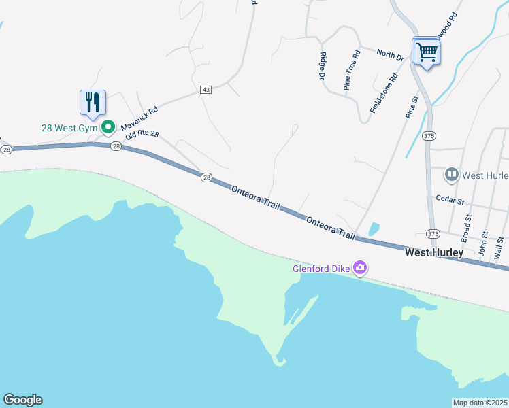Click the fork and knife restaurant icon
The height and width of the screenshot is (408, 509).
pyautogui.click(x=92, y=103)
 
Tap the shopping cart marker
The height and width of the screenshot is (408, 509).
pyautogui.click(x=427, y=51)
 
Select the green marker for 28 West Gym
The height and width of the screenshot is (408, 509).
pyautogui.click(x=108, y=127)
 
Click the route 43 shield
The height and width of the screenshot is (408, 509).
pyautogui.click(x=206, y=90)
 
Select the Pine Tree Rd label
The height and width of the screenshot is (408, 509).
pyautogui.click(x=352, y=70)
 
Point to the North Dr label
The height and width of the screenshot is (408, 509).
pyautogui.click(x=390, y=54)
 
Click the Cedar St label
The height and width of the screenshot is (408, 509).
pyautogui.click(x=450, y=201)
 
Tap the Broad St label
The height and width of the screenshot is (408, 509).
pyautogui.click(x=467, y=229)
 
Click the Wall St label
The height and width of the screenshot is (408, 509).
pyautogui.click(x=499, y=248)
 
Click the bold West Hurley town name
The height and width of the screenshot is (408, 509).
pyautogui.click(x=434, y=253)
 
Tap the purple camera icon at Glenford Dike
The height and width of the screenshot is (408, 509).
pyautogui.click(x=360, y=269)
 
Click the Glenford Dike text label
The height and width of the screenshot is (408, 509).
pyautogui.click(x=321, y=269)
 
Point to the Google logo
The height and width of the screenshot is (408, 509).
pyautogui.click(x=22, y=400)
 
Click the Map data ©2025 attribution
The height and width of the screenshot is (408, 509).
pyautogui.click(x=479, y=403)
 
